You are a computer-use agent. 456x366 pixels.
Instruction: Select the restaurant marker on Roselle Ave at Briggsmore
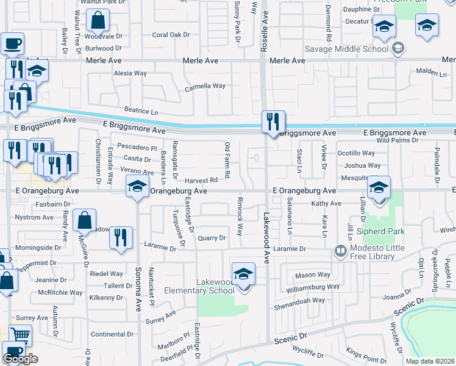coord(274,121)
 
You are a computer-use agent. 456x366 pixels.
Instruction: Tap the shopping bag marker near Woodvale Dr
coord(98,21)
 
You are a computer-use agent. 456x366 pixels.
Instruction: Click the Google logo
coord(20,359)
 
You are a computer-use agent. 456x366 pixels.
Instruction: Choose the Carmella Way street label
coord(205,87)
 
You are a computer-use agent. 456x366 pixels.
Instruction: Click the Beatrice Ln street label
coord(141,113)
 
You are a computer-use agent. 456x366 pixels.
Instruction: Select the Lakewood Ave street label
coord(266,238)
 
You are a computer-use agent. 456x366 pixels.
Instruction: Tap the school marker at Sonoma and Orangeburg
coord(137,186)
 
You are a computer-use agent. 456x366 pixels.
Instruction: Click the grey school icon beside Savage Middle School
coord(397,48)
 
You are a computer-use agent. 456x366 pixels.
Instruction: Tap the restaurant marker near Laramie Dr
coord(121,238)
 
